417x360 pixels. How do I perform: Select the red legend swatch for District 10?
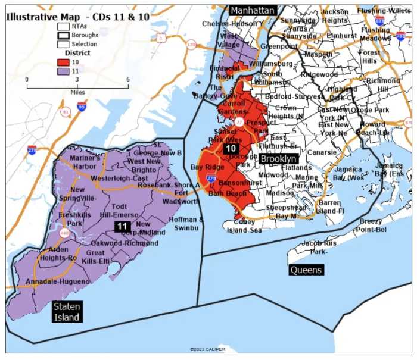[63, 62]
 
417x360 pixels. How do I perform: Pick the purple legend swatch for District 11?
[63, 71]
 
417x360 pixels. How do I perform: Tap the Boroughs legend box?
[63, 35]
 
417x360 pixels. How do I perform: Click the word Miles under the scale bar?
[77, 92]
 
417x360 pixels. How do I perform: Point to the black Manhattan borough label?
[253, 11]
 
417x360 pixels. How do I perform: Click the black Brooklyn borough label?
[278, 159]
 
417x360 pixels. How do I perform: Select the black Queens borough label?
[306, 270]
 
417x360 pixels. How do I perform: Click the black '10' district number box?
[231, 148]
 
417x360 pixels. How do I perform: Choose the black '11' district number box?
[122, 226]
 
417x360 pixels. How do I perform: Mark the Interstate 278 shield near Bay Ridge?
[211, 177]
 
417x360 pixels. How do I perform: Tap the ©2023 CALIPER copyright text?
[207, 349]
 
